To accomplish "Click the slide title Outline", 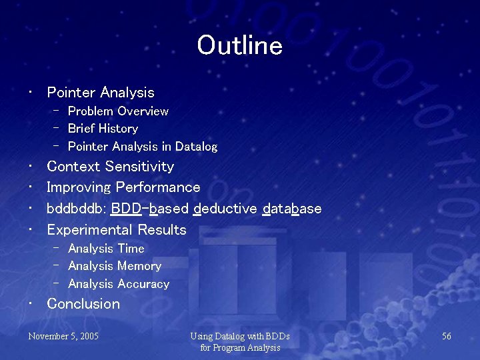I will tap(239, 46).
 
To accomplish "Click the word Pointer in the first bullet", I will tap(71, 93).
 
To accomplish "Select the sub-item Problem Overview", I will tap(118, 111).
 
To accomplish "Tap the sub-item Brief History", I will tap(103, 129).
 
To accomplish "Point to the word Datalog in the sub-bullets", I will tap(196, 146).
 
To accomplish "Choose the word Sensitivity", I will tap(142, 167).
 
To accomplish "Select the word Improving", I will tap(79, 187).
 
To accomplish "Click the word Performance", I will tap(158, 187).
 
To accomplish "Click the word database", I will tap(292, 209).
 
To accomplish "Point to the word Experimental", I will tap(90, 230).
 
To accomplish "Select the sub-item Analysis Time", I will tap(106, 249).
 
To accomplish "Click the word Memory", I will tap(139, 266).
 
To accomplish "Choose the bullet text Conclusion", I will tap(83, 304).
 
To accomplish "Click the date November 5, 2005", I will tap(63, 336).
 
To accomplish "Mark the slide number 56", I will tap(447, 336).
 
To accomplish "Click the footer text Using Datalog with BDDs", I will tap(239, 337).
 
